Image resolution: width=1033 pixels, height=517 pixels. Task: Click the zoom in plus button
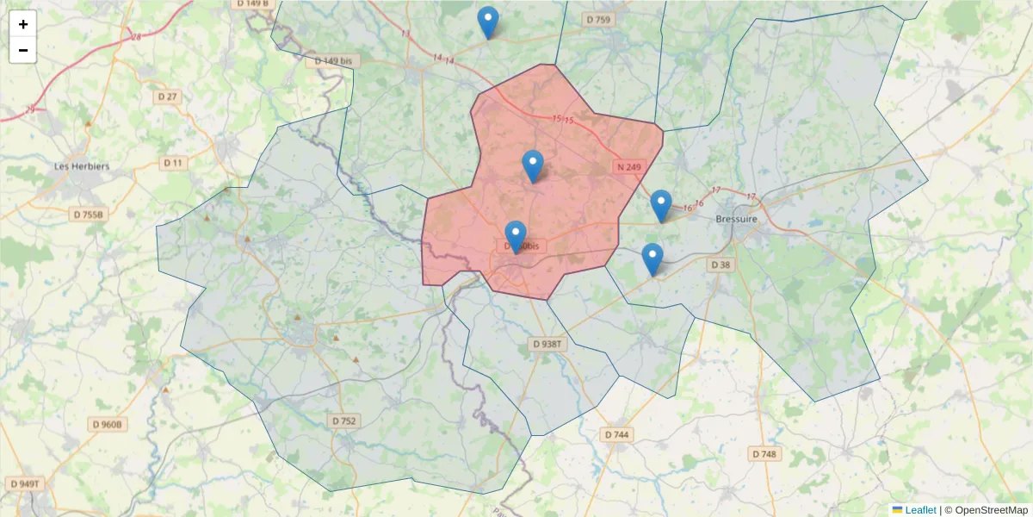point(23,24)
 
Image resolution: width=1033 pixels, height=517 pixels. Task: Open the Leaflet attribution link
point(919,510)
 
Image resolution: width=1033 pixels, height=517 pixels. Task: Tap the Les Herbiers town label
point(82,166)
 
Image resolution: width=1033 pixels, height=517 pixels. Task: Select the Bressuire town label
point(737,220)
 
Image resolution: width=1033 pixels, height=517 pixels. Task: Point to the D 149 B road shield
point(251,3)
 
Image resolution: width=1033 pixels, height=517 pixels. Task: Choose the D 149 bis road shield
point(333,61)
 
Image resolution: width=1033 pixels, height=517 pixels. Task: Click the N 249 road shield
point(629,166)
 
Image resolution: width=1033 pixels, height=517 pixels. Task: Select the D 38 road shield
point(721,265)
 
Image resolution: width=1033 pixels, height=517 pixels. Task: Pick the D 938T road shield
point(547,344)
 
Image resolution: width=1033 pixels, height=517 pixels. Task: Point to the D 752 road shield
point(343,420)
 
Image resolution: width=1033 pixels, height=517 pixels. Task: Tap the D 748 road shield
point(764,453)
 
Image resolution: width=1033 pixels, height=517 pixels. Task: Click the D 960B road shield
point(108,424)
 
